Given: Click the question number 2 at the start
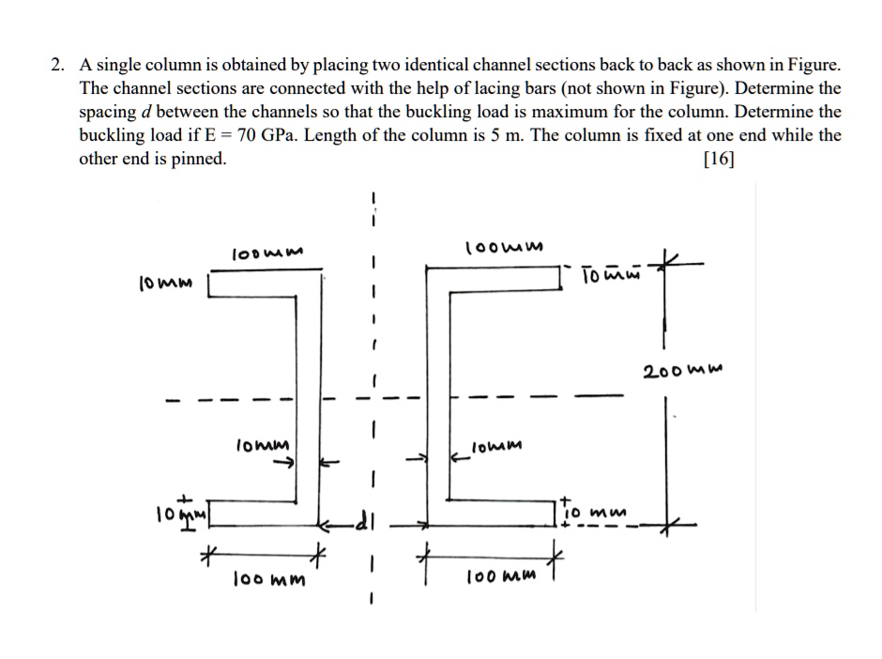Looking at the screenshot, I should pos(58,66).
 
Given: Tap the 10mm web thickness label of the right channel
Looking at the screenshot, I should pos(497,446).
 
